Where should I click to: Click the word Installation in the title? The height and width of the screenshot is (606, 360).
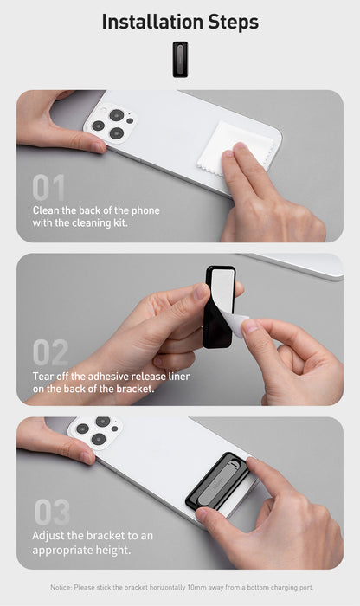pyautogui.click(x=151, y=22)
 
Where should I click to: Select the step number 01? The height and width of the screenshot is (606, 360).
pyautogui.click(x=48, y=188)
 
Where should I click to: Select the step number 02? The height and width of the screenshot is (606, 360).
pyautogui.click(x=50, y=351)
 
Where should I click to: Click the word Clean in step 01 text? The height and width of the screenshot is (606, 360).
pyautogui.click(x=48, y=210)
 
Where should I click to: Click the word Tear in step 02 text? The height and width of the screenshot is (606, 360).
pyautogui.click(x=45, y=376)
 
